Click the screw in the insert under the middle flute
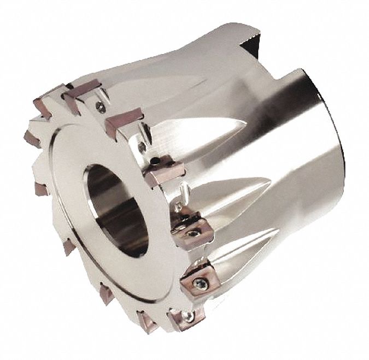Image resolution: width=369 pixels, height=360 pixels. (193, 234)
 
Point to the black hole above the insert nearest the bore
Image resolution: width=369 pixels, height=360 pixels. (156, 161)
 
